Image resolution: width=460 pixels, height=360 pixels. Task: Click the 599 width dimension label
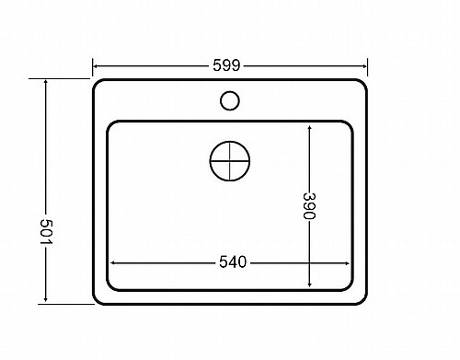click(x=226, y=65)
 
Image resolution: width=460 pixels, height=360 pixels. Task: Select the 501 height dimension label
click(x=47, y=231)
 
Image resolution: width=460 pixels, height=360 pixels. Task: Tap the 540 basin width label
click(x=233, y=262)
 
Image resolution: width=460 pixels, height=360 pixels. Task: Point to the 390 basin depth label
click(x=309, y=205)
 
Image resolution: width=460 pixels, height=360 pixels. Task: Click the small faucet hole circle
click(x=230, y=100)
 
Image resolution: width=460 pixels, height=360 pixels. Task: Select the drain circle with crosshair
click(x=230, y=161)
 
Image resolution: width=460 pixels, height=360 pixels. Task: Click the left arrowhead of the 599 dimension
click(x=96, y=66)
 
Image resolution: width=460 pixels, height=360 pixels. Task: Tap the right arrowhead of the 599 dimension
click(x=364, y=66)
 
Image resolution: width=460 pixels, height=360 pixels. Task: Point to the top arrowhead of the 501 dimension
click(x=46, y=82)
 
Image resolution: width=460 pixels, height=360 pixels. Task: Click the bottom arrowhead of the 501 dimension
click(x=46, y=298)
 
